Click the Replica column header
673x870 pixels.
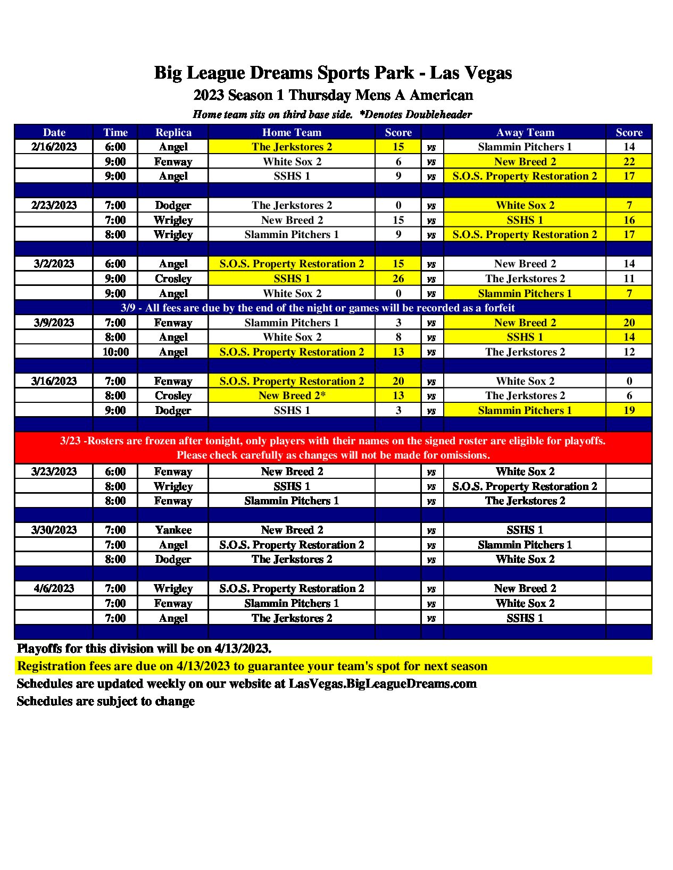coord(173,132)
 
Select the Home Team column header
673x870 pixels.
coord(292,132)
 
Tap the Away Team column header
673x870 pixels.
coord(525,132)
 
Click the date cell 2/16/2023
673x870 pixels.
coord(54,147)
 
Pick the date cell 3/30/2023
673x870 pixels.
coord(54,530)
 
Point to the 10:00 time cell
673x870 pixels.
coord(115,352)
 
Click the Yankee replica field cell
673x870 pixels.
coord(173,530)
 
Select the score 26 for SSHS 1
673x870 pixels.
coord(398,278)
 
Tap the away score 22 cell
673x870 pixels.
coord(629,162)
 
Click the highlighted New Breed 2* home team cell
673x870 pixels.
coord(292,395)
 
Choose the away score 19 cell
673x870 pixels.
coord(629,410)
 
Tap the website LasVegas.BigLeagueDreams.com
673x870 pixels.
coord(383,683)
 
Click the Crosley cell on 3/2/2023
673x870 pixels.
coord(173,278)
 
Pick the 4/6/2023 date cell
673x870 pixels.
coord(54,588)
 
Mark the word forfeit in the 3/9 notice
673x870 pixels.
coord(497,308)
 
